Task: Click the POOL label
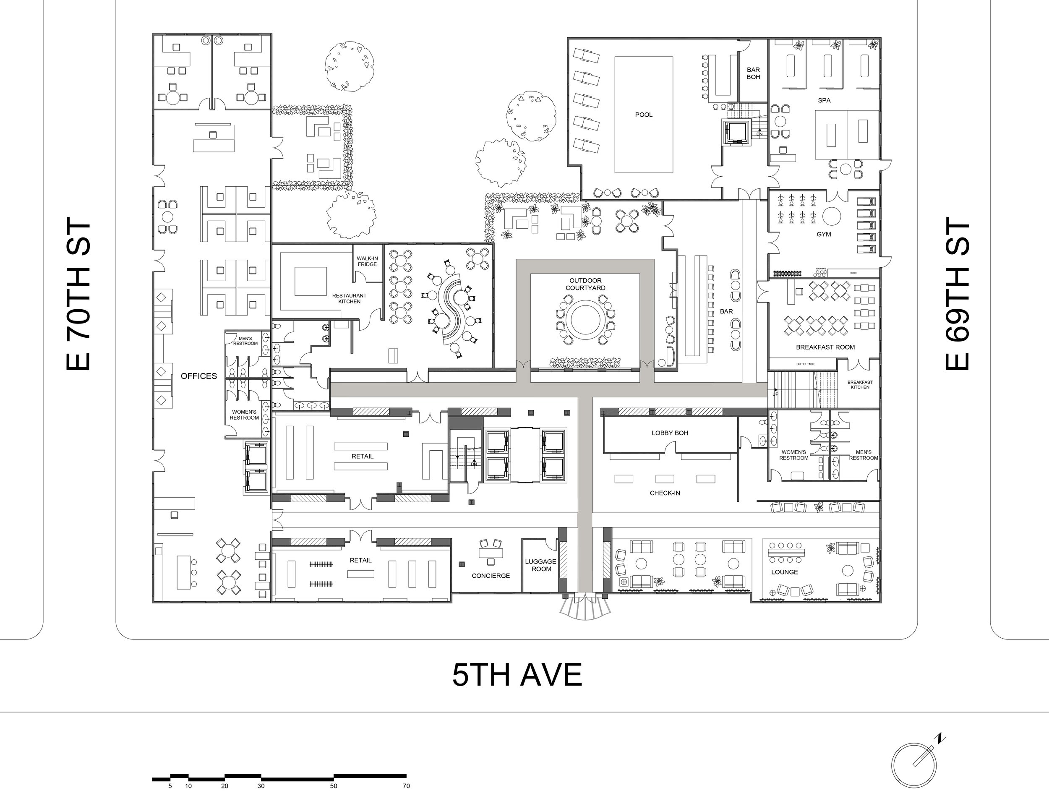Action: (x=644, y=115)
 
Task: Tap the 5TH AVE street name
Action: (x=517, y=675)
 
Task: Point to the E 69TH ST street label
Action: (x=957, y=294)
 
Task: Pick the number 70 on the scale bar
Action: (x=406, y=786)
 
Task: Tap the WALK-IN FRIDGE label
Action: (x=367, y=261)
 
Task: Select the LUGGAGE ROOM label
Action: (x=541, y=565)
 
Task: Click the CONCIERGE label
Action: (x=491, y=576)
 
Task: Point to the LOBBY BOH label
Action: (x=670, y=433)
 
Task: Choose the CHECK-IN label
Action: (x=665, y=493)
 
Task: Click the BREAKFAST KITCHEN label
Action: (x=860, y=385)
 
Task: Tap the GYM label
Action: (x=823, y=234)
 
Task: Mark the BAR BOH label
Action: (x=753, y=73)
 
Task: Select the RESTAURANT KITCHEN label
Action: (x=349, y=298)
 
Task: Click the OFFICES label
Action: (x=199, y=376)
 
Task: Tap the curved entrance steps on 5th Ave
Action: (x=585, y=609)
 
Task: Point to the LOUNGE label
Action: (x=784, y=572)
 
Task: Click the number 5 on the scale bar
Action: (x=170, y=786)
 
